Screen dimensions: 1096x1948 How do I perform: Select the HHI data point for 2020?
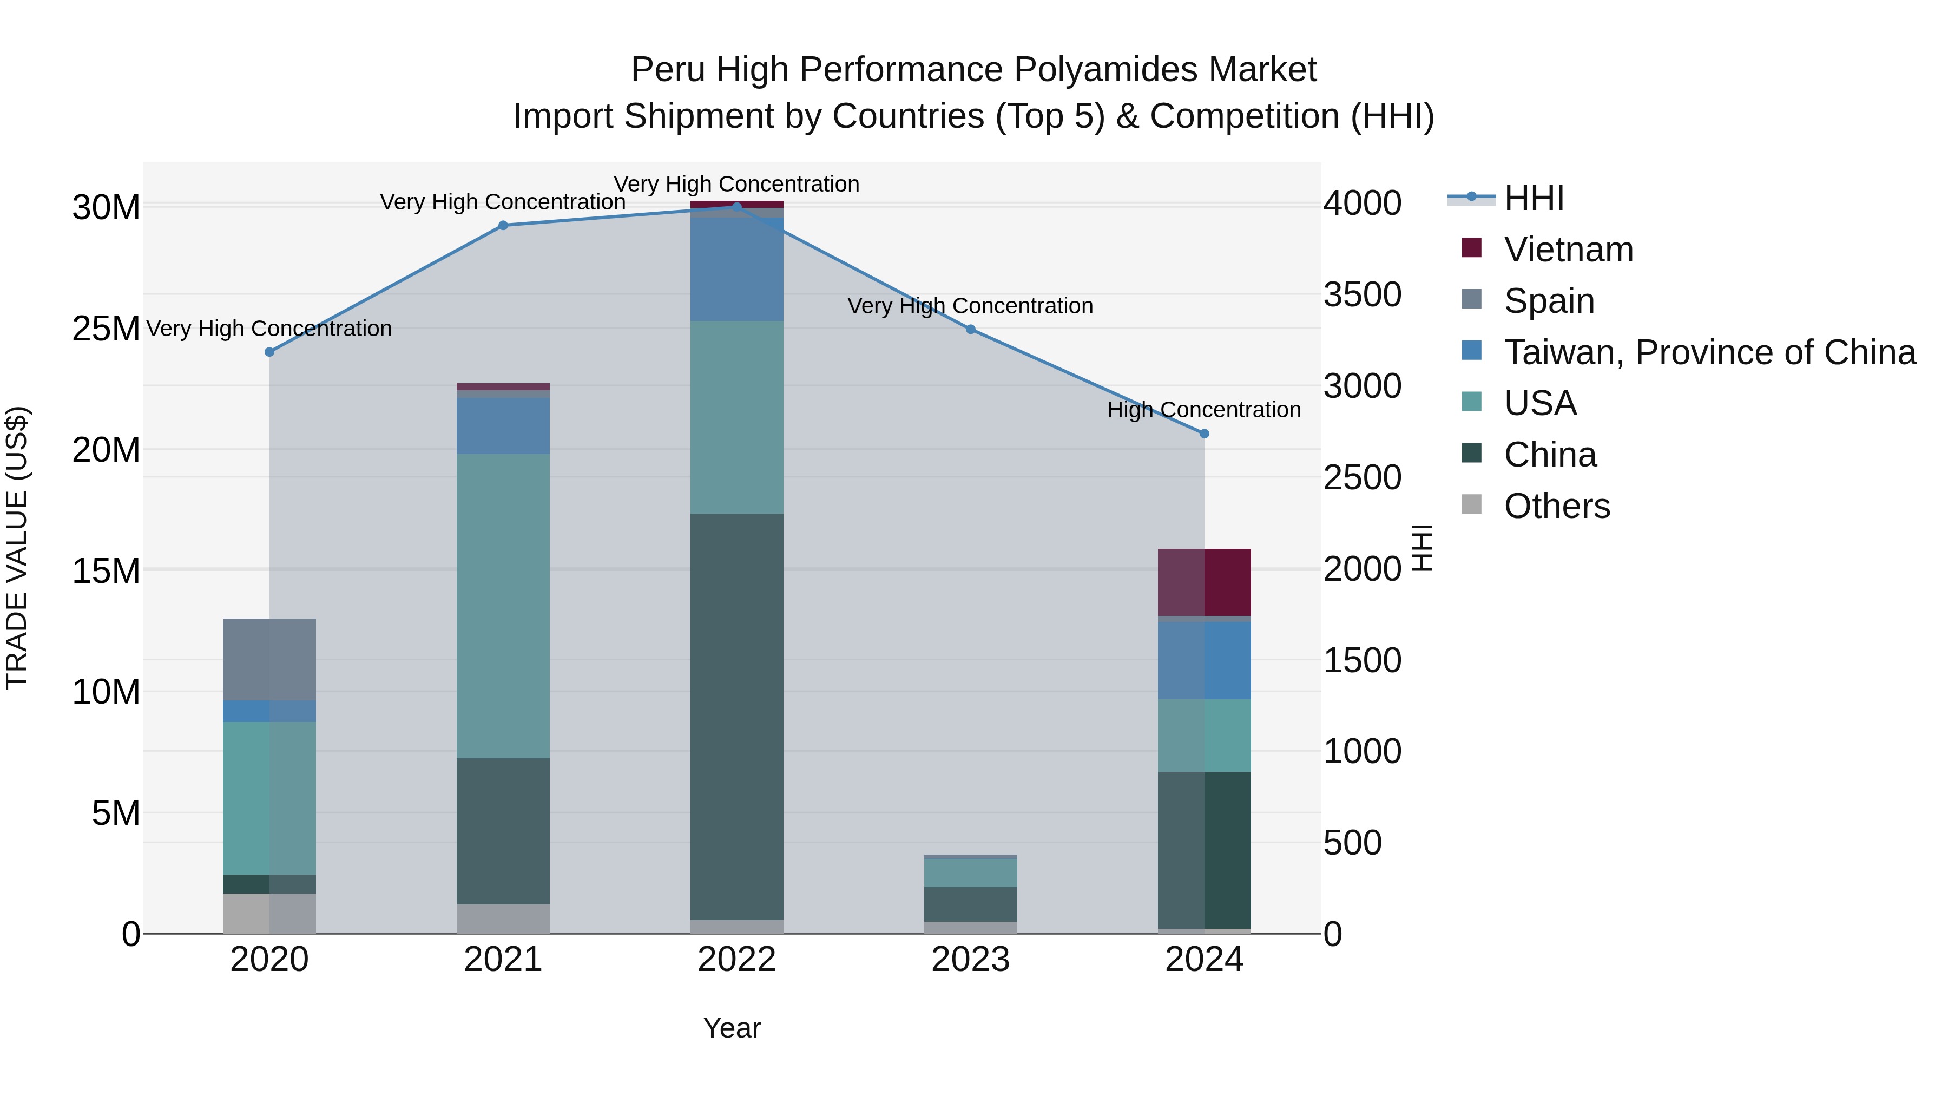coord(269,352)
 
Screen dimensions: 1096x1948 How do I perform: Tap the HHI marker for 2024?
coord(1204,434)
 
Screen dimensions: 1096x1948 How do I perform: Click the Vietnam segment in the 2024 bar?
coord(1204,582)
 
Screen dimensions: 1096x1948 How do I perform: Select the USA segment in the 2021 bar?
coord(503,605)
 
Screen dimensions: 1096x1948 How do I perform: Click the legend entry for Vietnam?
coord(1568,250)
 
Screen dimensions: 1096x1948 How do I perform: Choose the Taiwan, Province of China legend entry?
coord(1709,352)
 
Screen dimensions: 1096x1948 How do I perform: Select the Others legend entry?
coord(1556,506)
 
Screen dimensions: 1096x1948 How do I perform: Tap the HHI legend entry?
coord(1533,198)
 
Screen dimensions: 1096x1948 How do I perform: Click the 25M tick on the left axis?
coord(106,329)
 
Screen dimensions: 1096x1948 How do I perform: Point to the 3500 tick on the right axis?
coord(1362,294)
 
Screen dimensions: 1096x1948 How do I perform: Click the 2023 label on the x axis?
coord(970,960)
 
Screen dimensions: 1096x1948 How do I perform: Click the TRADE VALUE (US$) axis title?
coord(17,548)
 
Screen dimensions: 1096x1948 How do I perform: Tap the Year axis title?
coord(731,1028)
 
